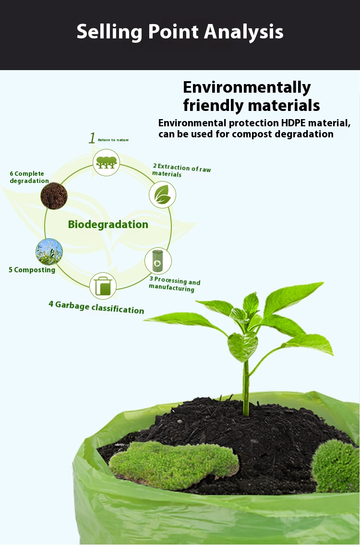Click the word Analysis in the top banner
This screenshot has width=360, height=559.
(x=244, y=32)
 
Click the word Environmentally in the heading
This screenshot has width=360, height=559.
(x=247, y=88)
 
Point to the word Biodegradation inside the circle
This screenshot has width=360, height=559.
(x=108, y=224)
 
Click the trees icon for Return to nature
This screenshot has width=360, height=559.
(x=106, y=163)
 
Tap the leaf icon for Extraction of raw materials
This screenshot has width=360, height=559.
(x=162, y=194)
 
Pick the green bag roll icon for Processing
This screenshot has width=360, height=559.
(x=158, y=261)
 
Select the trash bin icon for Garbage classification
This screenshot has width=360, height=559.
(x=103, y=286)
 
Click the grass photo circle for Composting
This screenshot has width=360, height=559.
(x=49, y=252)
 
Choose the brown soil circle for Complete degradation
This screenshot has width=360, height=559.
(x=54, y=196)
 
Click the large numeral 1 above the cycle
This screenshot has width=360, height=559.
(x=92, y=138)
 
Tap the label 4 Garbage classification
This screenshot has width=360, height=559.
(x=96, y=307)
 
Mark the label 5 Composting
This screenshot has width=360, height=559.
(x=32, y=270)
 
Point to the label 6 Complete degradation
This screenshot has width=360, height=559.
(x=29, y=177)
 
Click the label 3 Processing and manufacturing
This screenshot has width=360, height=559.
(x=175, y=284)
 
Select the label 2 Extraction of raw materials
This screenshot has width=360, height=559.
(x=181, y=170)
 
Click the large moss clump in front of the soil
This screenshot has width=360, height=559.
(x=174, y=464)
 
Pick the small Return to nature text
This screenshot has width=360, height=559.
(x=113, y=140)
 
